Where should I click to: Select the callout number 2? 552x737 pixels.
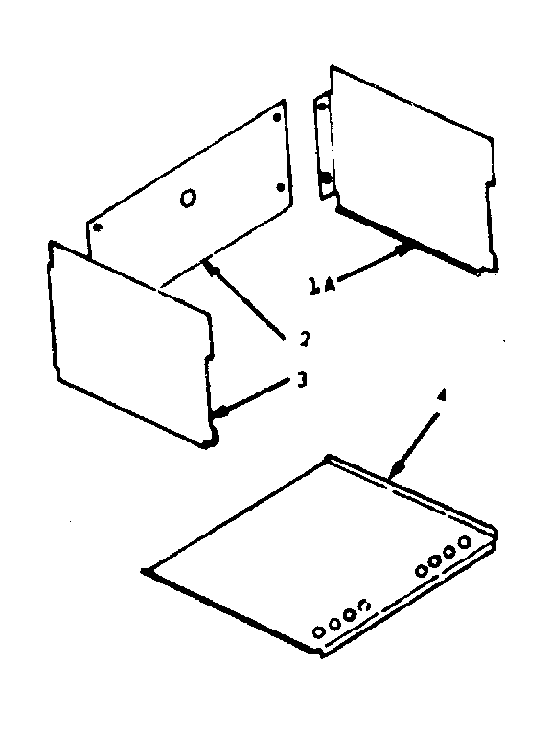pos(303,338)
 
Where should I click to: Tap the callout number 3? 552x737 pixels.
pos(301,381)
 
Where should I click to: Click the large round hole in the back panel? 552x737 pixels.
pos(189,198)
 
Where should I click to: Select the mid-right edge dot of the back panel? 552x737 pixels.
pos(280,186)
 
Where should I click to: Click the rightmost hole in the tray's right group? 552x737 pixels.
pos(465,543)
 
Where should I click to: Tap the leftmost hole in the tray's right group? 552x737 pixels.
pos(421,570)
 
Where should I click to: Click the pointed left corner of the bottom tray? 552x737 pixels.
pos(144,572)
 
